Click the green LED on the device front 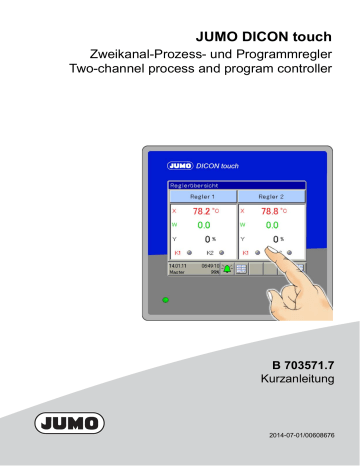[166, 298]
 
